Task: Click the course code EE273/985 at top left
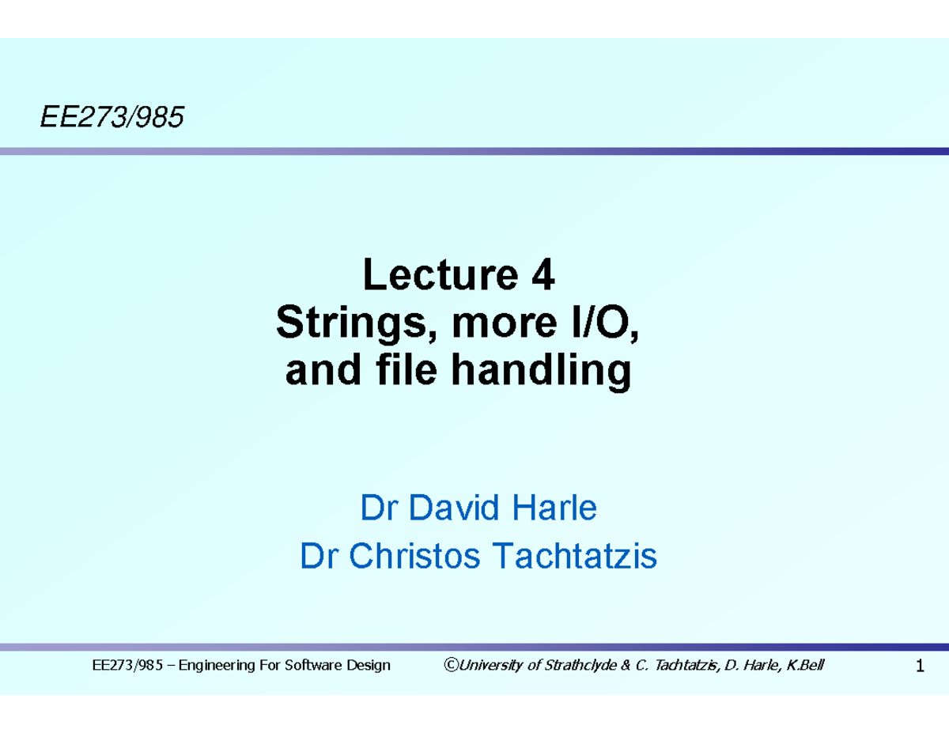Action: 112,119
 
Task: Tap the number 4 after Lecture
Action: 543,277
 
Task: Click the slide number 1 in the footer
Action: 919,667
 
